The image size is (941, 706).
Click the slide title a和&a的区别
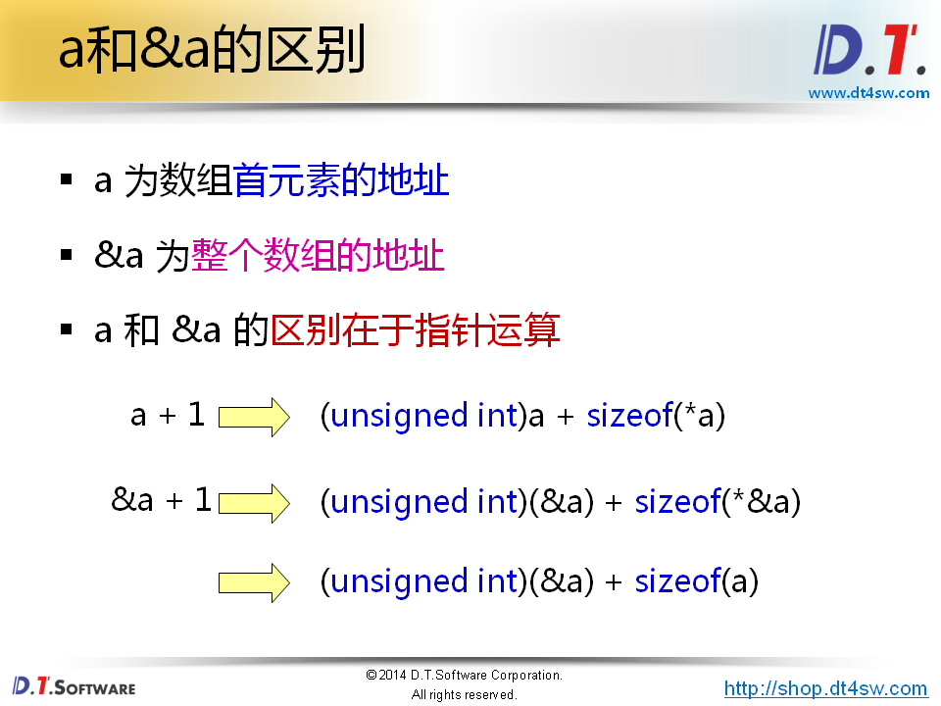[x=212, y=50]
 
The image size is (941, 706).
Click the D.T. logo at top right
[x=868, y=50]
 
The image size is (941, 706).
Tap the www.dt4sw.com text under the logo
[x=868, y=93]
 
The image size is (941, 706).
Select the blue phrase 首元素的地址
[x=341, y=181]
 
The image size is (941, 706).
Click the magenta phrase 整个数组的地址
[x=318, y=257]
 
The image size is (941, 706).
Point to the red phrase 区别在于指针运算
[x=415, y=330]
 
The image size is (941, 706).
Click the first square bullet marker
[x=67, y=180]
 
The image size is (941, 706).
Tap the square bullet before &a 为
[x=67, y=256]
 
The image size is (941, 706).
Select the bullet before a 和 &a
[x=67, y=330]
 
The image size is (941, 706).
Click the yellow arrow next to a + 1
[x=254, y=417]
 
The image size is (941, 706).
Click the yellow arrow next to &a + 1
[x=254, y=502]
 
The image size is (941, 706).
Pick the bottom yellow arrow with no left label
[x=254, y=582]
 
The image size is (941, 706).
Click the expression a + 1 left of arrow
[x=168, y=416]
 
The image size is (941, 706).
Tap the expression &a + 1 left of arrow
[x=162, y=501]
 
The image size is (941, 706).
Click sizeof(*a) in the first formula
[x=656, y=417]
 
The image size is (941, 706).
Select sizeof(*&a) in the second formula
[x=718, y=502]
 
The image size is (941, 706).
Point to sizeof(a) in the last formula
[x=697, y=582]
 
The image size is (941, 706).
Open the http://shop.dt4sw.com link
[x=825, y=688]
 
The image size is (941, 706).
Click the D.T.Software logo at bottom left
[x=74, y=685]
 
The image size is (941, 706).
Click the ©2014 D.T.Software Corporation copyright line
[x=464, y=676]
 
